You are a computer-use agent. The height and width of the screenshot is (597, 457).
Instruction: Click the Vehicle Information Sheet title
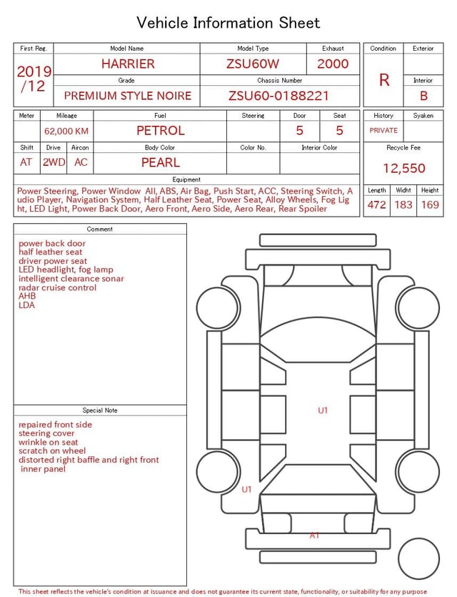(x=228, y=23)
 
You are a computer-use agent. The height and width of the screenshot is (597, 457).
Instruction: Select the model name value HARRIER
(x=127, y=64)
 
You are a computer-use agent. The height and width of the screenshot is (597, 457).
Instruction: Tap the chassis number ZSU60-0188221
(x=278, y=96)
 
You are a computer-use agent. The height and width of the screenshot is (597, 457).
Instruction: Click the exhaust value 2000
(x=333, y=64)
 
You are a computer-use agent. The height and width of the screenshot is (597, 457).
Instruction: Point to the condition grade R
(x=384, y=80)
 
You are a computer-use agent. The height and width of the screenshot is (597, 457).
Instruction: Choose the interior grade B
(x=423, y=96)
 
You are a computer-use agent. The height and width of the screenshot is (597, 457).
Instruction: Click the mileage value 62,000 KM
(x=66, y=131)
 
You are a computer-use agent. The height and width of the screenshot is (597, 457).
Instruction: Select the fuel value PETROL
(x=160, y=130)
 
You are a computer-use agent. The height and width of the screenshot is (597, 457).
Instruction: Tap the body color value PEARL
(x=160, y=162)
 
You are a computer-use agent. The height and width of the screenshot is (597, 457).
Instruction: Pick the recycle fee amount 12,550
(x=403, y=169)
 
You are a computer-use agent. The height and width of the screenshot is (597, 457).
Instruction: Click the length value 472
(x=376, y=204)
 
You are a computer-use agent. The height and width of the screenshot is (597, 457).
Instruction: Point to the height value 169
(x=430, y=204)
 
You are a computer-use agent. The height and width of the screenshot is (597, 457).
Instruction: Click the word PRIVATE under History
(x=383, y=130)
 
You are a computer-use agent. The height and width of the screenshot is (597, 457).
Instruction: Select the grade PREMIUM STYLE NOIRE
(x=127, y=96)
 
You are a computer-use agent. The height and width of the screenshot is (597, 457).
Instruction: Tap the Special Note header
(x=100, y=410)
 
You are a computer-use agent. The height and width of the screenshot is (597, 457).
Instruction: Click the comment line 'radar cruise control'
(x=57, y=287)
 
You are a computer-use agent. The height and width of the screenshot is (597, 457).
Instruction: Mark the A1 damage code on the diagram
(x=314, y=536)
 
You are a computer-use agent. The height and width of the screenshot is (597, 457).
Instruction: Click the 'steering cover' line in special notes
(x=46, y=433)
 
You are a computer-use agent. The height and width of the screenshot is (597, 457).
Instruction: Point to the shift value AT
(x=26, y=162)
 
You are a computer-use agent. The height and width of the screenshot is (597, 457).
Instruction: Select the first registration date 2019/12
(x=34, y=79)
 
